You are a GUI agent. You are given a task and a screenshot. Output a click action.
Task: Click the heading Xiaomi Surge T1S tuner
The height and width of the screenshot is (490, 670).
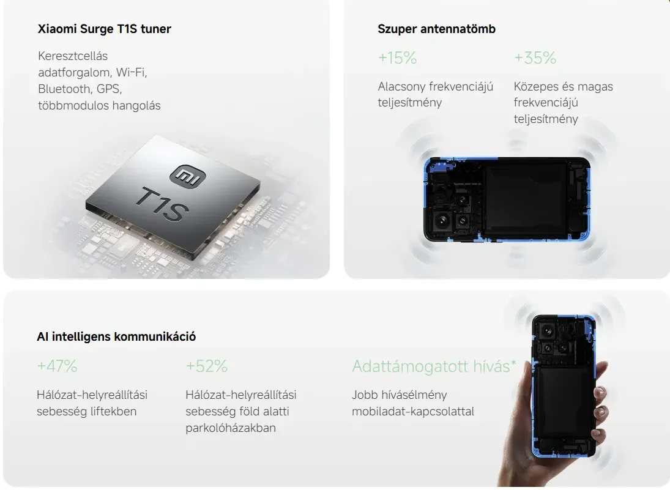[104, 29]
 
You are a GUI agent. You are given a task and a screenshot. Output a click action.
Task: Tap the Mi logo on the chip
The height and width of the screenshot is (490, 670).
[188, 175]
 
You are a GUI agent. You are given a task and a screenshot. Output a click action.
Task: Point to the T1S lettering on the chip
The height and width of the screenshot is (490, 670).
[162, 204]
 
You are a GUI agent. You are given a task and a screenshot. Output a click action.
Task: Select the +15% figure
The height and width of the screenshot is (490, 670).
[397, 58]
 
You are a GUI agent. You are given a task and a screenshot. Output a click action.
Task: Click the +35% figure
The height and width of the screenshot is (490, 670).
[535, 58]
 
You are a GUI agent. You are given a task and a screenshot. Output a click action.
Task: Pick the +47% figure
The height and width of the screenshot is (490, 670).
[57, 366]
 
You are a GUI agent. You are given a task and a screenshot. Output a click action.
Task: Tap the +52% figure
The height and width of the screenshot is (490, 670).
[206, 366]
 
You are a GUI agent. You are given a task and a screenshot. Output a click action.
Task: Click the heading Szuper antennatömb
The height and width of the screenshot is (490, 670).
[436, 29]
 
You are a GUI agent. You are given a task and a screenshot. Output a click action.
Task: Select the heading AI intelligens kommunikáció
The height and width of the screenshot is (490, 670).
[116, 336]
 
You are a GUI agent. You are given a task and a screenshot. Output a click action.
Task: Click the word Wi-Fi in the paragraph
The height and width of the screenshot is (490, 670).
[132, 72]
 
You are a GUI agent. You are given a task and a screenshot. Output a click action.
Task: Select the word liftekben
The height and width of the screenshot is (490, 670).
[113, 412]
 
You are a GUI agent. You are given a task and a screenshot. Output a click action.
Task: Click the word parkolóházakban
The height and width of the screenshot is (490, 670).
[231, 428]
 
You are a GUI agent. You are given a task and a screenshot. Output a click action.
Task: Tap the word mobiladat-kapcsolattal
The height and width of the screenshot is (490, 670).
[413, 412]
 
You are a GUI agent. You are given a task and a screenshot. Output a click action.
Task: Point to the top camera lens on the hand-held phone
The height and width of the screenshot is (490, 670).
[546, 330]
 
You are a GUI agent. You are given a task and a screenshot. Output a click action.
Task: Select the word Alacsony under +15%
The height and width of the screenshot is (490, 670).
[401, 86]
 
